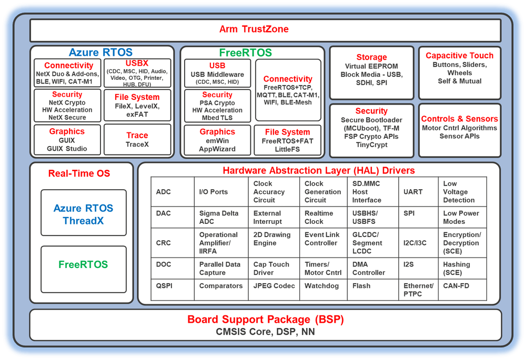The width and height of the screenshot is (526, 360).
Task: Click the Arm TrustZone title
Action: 254,29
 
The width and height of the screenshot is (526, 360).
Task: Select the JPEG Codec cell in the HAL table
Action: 274,286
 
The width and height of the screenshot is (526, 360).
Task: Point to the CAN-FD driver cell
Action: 456,286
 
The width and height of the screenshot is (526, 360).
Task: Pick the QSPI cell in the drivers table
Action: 164,286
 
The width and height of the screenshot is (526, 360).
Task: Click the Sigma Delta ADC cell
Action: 219,218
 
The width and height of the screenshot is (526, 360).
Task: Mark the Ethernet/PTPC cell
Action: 419,290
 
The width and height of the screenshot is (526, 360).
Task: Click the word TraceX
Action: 137,145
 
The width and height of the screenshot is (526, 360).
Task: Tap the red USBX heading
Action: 137,64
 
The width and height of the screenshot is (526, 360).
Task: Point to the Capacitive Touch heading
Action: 460,56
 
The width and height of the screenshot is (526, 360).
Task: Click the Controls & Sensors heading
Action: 460,119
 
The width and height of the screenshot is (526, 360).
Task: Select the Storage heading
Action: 371,57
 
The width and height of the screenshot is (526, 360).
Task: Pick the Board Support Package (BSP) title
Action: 266,320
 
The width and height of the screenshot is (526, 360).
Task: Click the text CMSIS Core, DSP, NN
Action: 266,332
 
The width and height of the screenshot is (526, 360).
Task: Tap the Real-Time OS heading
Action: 79,173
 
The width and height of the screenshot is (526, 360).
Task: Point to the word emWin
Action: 217,140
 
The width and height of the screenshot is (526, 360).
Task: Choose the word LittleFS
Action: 287,149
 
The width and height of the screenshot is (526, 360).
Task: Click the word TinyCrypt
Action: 371,145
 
